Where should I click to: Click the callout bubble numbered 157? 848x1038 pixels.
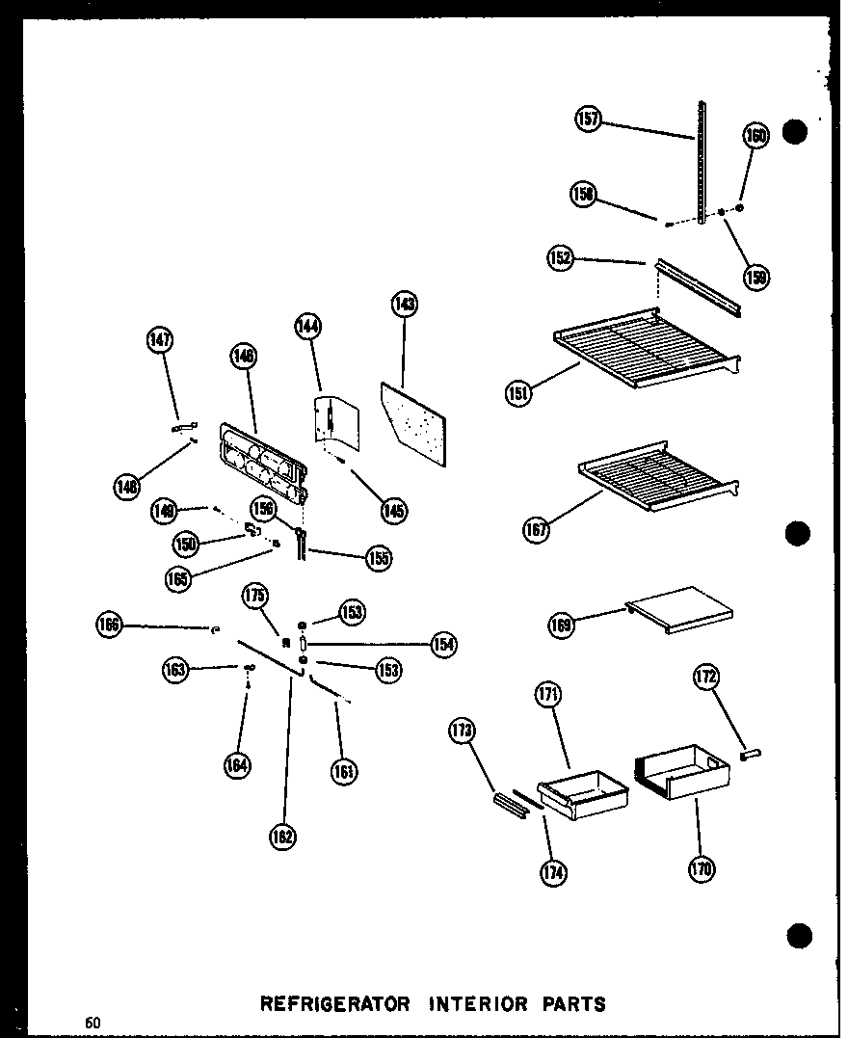click(588, 119)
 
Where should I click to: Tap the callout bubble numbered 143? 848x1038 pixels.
click(404, 304)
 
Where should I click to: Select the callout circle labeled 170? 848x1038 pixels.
click(701, 869)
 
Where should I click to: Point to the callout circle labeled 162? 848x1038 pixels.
click(283, 837)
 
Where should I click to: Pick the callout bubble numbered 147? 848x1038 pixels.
click(160, 338)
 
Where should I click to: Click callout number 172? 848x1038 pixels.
click(705, 678)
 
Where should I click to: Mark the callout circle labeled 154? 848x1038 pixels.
click(442, 645)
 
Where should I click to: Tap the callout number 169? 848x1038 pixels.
click(562, 625)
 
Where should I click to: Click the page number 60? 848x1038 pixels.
click(92, 1022)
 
